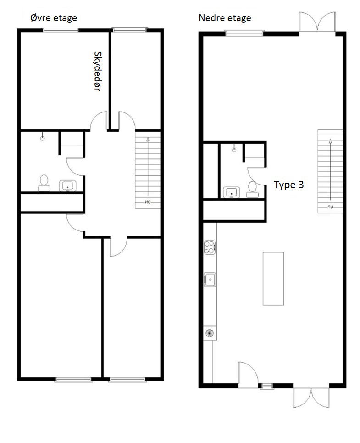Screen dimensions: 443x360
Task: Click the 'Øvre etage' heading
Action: [53, 18]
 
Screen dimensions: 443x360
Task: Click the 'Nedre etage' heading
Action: [225, 18]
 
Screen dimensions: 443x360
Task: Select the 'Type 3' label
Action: [288, 185]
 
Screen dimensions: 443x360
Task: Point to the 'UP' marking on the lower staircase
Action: [330, 207]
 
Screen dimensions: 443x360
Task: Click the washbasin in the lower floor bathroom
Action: [232, 192]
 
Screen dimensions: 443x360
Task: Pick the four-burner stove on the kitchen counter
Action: [210, 247]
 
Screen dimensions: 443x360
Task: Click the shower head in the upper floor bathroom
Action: [42, 136]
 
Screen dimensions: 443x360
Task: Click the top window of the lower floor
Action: [244, 32]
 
